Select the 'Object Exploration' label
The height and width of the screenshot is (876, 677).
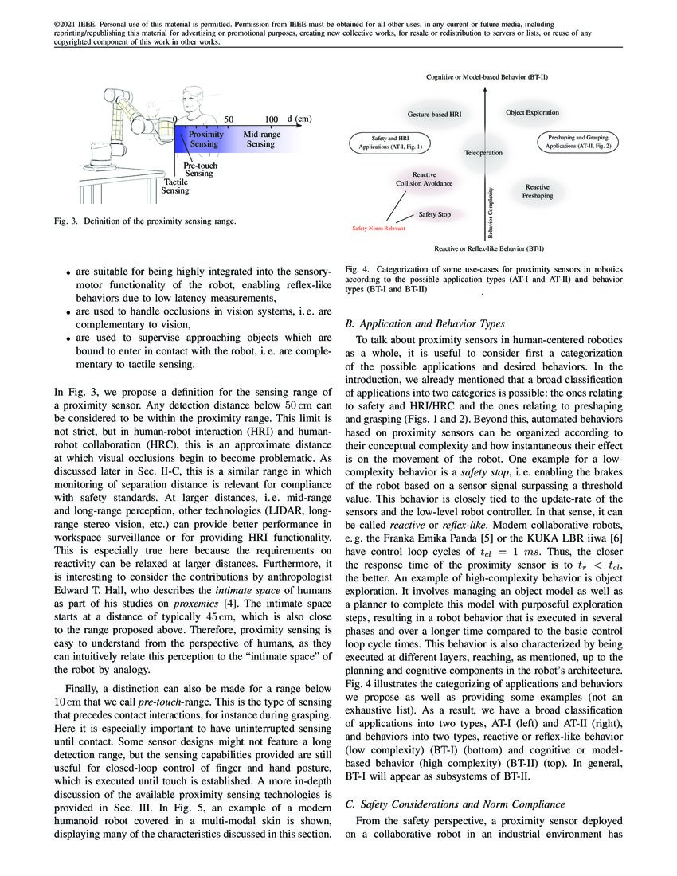tap(532, 113)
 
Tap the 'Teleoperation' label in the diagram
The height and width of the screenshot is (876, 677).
tap(483, 152)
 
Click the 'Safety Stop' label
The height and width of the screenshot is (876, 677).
tap(435, 214)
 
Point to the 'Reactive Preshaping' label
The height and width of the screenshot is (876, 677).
tap(537, 190)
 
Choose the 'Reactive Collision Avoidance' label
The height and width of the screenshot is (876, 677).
tap(424, 179)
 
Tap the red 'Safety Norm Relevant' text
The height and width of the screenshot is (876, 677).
tap(378, 229)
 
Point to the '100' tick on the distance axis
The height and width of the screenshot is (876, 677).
tap(271, 119)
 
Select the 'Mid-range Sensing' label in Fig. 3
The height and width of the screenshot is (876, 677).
tap(260, 139)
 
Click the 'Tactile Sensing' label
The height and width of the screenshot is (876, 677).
tap(175, 186)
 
